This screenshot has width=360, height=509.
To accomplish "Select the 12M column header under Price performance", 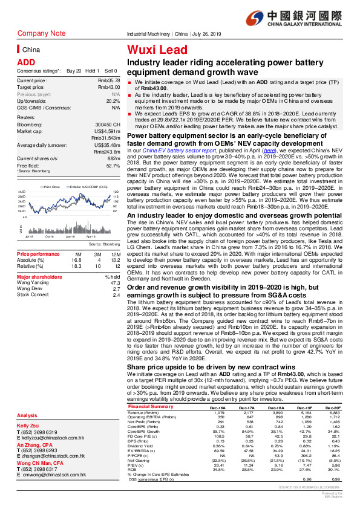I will coord(114,238).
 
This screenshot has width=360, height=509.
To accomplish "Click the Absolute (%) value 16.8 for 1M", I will coord(76,243).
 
